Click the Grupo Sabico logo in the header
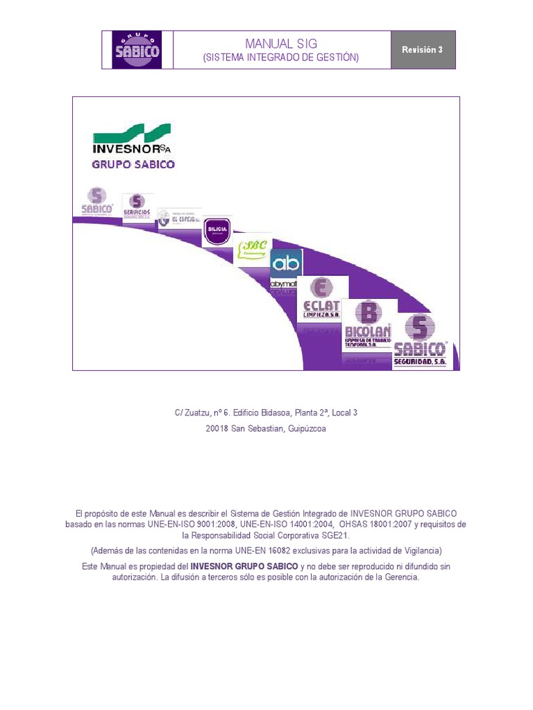[137, 49]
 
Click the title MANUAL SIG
[280, 44]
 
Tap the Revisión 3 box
[423, 50]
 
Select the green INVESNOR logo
[132, 139]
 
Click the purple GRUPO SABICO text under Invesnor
[133, 165]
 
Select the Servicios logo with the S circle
[137, 206]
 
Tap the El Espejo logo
[178, 217]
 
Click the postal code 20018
[217, 429]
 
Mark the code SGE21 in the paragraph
[335, 536]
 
